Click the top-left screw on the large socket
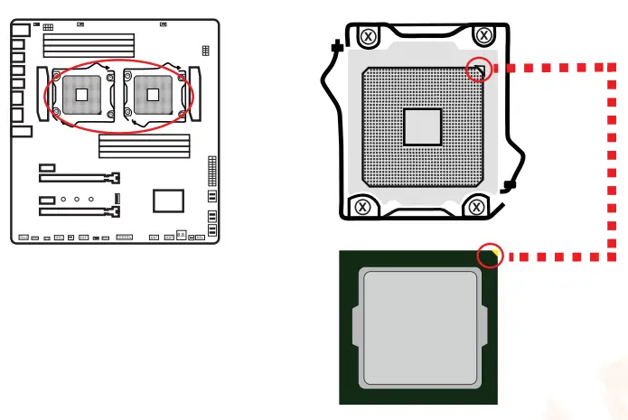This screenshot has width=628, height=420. coord(368,37)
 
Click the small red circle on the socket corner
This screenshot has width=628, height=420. coord(481,71)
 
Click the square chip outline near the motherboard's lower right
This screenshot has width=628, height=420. coord(169,200)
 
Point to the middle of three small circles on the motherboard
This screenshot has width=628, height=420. coord(77,197)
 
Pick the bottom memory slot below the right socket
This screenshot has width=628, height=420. coord(145,155)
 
